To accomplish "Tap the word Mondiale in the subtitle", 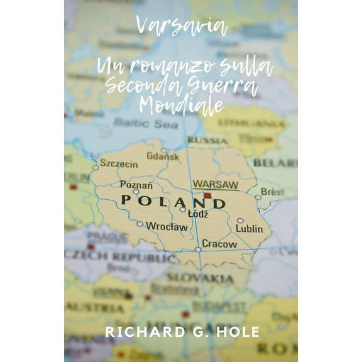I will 182,106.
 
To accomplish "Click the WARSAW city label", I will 215,185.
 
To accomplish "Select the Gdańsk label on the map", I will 162,156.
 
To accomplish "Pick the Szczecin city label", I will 119,164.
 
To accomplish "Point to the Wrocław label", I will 166,226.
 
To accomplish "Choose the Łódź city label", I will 198,214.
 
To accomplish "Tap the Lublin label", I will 250,229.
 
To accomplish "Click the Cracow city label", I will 220,243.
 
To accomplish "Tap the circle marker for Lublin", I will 240,221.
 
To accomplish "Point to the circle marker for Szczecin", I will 96,168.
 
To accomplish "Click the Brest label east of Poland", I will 272,190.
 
